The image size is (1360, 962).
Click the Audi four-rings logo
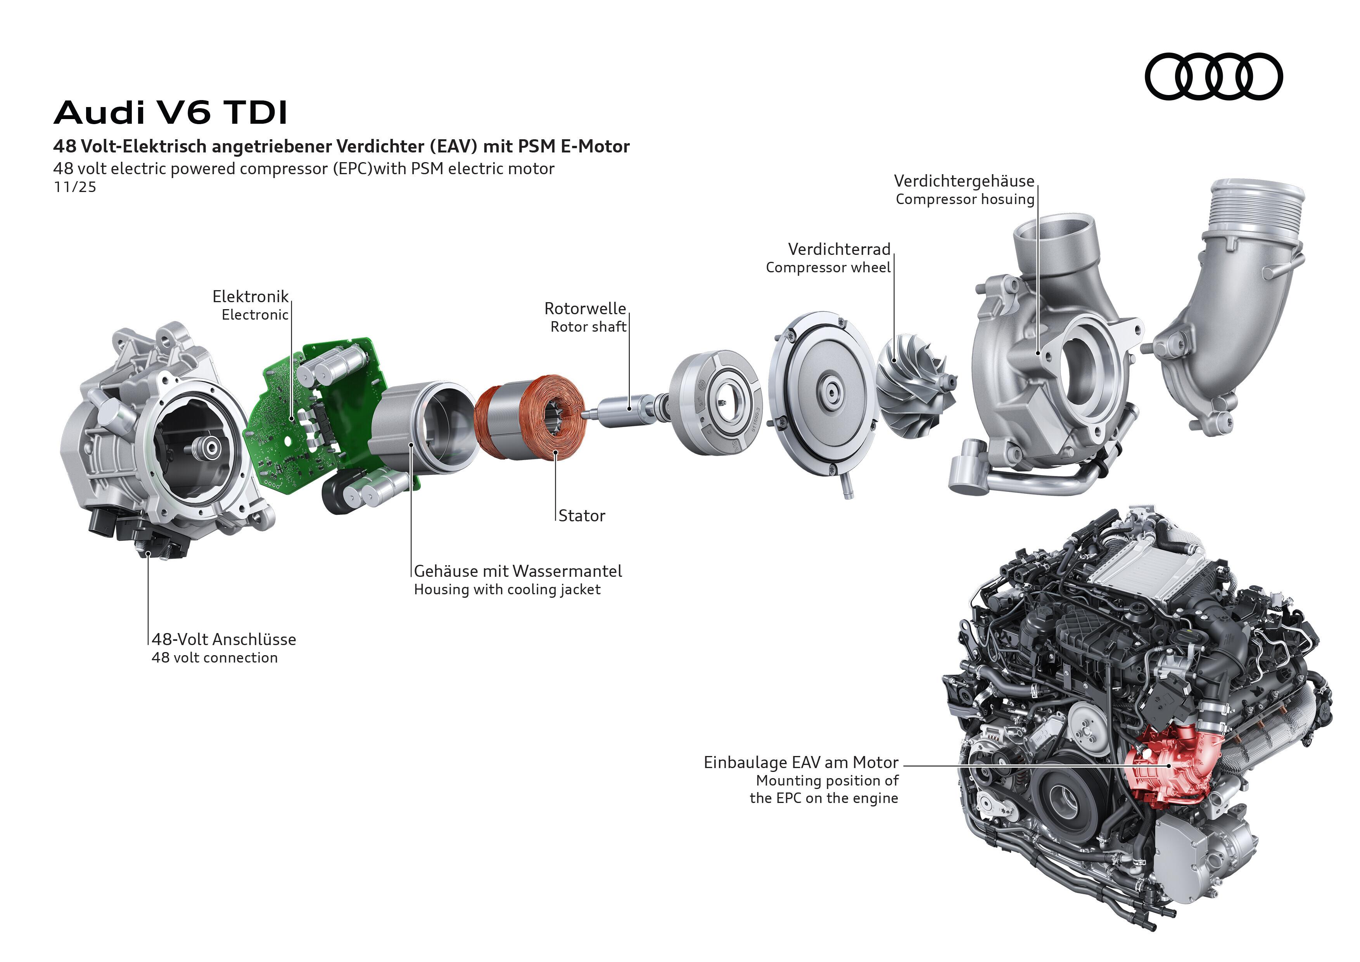point(1213,76)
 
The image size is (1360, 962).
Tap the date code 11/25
point(74,187)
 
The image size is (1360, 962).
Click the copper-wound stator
point(530,418)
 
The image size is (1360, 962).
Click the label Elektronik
point(250,296)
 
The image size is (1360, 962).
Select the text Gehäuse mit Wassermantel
point(518,571)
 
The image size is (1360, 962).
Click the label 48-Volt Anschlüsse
point(224,639)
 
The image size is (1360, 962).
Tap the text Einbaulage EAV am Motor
point(800,762)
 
